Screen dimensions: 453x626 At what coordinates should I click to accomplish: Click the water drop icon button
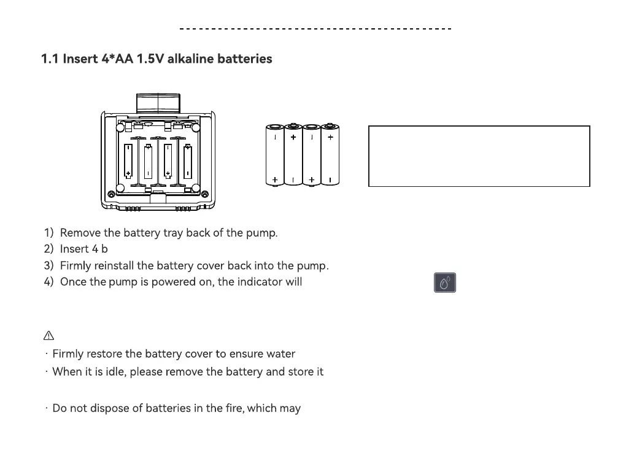tap(445, 282)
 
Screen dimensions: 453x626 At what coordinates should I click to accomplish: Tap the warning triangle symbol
tap(48, 336)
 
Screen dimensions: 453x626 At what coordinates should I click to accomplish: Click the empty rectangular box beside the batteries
tap(479, 156)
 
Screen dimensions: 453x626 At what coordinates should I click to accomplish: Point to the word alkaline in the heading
tap(196, 59)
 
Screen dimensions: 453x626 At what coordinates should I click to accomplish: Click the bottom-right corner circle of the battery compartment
tap(195, 188)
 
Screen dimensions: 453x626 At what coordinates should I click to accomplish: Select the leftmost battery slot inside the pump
tap(128, 162)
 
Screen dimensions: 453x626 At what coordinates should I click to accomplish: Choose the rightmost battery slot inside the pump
tap(187, 162)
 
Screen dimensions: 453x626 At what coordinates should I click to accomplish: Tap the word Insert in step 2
tap(74, 250)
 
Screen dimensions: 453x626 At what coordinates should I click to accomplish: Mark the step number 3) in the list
tap(49, 266)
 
